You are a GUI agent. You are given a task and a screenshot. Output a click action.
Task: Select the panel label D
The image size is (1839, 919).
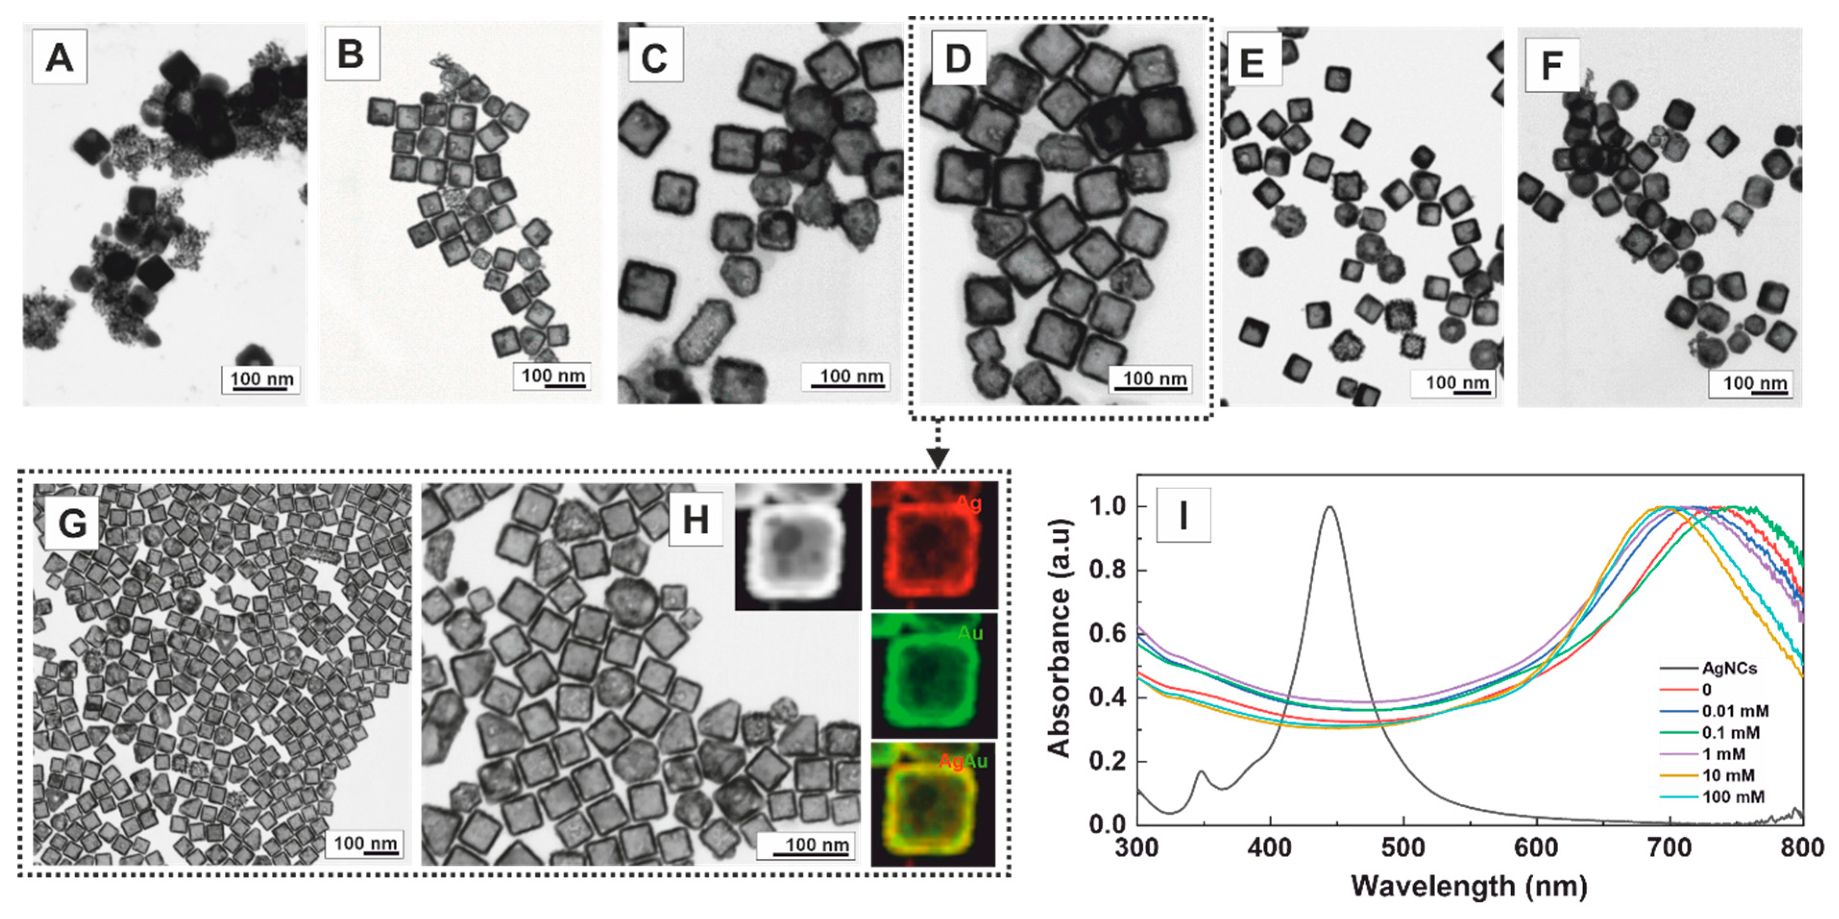[958, 58]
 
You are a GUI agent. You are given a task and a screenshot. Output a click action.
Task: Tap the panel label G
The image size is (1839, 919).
[72, 523]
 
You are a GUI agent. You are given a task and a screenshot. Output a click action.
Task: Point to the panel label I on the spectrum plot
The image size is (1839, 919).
[1183, 514]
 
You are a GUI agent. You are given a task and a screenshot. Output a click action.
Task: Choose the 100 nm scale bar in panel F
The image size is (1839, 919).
[1753, 384]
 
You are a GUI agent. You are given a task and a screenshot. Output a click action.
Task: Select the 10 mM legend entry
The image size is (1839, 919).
[1728, 775]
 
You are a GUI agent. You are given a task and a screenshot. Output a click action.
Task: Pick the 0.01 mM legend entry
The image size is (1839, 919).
[1735, 711]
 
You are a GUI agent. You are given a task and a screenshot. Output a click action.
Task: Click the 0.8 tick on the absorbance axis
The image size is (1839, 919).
[1108, 570]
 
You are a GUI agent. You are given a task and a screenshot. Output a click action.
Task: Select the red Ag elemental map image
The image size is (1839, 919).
[934, 545]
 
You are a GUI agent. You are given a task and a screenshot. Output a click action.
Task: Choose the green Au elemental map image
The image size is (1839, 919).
[934, 675]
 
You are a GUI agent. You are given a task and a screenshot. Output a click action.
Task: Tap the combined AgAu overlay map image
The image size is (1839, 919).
[934, 805]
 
